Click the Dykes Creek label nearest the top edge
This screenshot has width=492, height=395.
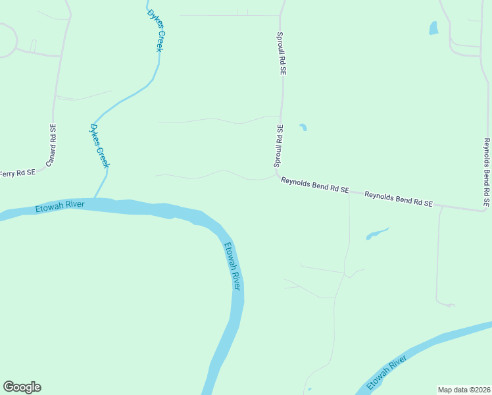pyautogui.click(x=155, y=32)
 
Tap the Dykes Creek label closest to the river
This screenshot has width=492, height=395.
pyautogui.click(x=99, y=145)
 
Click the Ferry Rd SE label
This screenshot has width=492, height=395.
pyautogui.click(x=16, y=174)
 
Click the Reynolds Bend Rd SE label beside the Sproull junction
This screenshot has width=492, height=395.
pyautogui.click(x=314, y=184)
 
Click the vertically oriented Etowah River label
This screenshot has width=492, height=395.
pyautogui.click(x=233, y=267)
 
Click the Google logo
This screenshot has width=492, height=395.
pyautogui.click(x=22, y=387)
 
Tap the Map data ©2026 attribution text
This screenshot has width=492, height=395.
pyautogui.click(x=464, y=390)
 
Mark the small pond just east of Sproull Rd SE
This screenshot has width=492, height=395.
pyautogui.click(x=303, y=127)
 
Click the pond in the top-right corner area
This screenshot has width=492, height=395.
pyautogui.click(x=433, y=28)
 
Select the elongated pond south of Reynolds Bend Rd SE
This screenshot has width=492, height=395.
pyautogui.click(x=377, y=233)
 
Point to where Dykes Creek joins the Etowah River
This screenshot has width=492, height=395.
pyautogui.click(x=96, y=198)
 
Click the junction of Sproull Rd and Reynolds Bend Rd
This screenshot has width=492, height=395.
pyautogui.click(x=277, y=175)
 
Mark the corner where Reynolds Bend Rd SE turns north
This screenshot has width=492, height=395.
pyautogui.click(x=484, y=211)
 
